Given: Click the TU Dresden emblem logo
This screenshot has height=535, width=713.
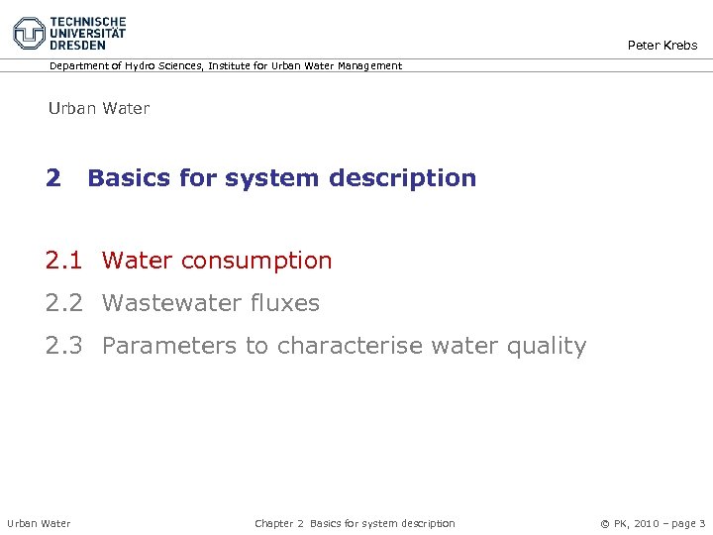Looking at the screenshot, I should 29,32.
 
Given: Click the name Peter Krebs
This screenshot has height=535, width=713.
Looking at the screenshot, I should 662,45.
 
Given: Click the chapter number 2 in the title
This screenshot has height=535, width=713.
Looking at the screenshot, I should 52,178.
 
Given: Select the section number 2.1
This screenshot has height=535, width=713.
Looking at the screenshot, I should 64,261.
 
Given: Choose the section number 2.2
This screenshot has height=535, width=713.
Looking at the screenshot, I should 64,303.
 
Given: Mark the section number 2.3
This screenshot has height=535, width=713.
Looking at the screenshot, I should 64,346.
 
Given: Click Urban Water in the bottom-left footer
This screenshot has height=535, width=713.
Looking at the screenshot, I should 39,523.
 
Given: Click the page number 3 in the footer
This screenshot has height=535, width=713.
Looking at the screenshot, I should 702,523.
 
